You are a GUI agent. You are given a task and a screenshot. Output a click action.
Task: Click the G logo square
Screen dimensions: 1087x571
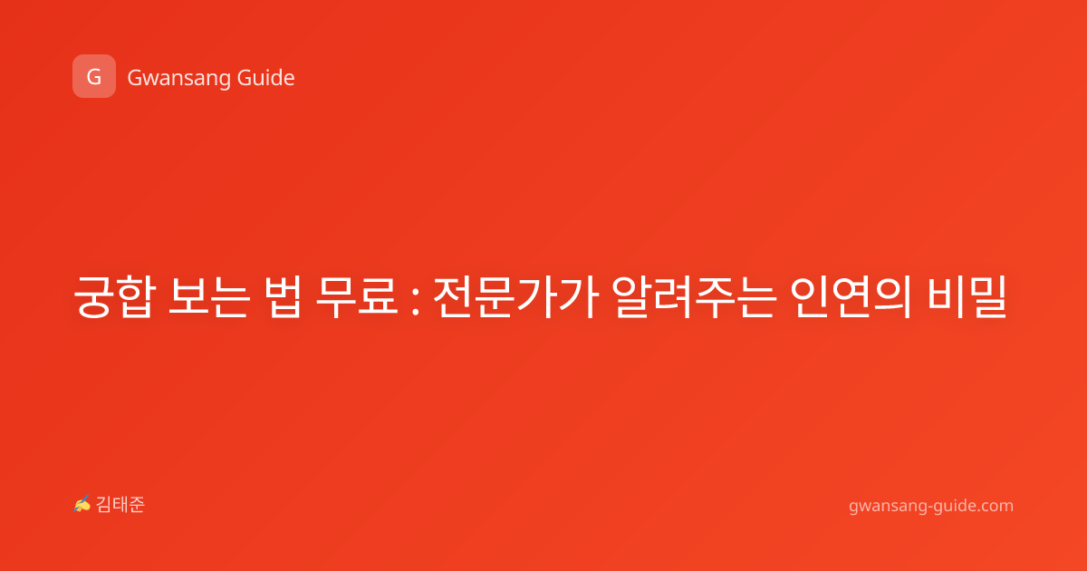94,76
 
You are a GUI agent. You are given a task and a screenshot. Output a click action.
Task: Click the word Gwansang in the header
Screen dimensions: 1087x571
178,79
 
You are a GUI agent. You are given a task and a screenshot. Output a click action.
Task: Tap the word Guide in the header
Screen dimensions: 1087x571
266,78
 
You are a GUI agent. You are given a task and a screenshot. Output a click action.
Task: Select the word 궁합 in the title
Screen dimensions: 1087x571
115,296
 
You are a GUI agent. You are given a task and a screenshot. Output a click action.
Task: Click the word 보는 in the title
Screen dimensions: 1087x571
209,296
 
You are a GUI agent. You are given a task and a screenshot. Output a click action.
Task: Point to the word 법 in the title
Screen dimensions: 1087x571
283,296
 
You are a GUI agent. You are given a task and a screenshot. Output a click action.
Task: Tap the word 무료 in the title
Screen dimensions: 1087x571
357,296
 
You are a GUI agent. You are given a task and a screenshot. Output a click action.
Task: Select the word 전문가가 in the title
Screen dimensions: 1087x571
515,296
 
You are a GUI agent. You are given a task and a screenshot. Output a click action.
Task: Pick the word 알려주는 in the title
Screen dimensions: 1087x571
694,296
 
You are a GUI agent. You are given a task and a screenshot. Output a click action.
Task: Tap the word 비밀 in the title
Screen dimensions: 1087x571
967,296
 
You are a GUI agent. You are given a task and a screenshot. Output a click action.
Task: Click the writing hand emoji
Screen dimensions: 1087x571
82,504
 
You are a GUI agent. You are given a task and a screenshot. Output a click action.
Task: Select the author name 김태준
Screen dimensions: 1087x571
120,505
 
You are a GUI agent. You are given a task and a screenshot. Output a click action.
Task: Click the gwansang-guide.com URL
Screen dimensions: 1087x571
931,506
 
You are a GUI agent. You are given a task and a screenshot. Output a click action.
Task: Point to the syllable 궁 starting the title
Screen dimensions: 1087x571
94,296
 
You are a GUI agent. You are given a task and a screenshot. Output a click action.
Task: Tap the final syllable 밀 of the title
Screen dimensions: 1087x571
988,296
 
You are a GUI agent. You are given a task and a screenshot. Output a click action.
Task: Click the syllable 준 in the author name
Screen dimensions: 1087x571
137,505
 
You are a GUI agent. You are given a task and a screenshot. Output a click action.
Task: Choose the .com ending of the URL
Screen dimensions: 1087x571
994,506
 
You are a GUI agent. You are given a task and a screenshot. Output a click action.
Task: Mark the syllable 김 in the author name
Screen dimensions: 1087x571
104,505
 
